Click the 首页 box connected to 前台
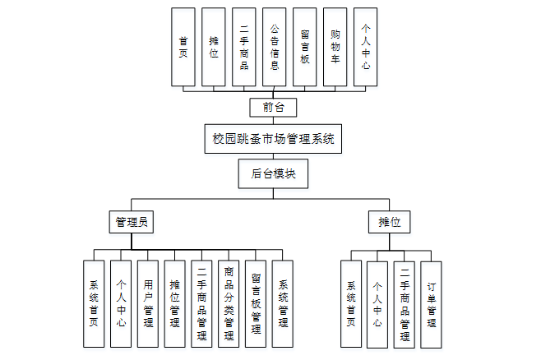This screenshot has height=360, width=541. point(183,47)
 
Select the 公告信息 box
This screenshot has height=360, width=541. point(274,47)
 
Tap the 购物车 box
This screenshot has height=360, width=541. point(335,47)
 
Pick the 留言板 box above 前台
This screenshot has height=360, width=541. point(304,47)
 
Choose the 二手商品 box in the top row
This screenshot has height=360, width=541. point(243,47)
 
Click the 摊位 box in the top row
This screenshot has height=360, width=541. point(213,47)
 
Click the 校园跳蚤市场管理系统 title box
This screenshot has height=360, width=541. point(270,138)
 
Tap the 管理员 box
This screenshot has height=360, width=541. point(132,222)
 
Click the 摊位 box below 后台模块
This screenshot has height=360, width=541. point(389,222)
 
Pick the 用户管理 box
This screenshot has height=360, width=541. point(148,304)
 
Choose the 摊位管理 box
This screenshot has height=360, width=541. point(175,304)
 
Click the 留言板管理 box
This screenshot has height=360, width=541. point(256,304)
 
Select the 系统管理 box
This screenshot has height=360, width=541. point(283,304)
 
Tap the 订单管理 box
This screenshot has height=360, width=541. point(432,304)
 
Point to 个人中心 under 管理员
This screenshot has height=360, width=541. point(121,304)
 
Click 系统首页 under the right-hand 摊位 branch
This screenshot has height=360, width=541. point(351,304)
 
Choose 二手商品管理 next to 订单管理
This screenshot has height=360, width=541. point(405,304)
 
